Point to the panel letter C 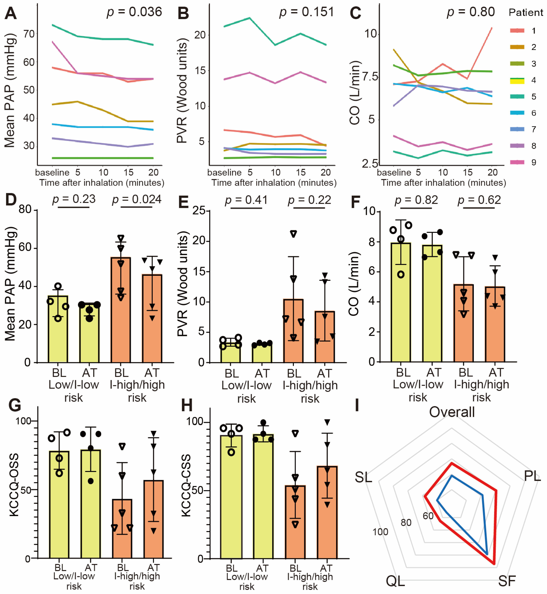(356, 13)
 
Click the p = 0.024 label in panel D (137, 199)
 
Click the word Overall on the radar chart (452, 412)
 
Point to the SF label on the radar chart (507, 581)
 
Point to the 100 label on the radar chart (380, 532)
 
